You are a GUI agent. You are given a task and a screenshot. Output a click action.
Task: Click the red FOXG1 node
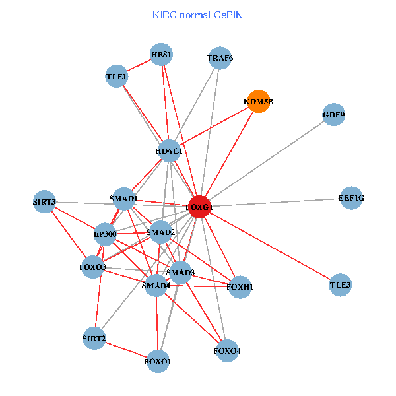coord(199,207)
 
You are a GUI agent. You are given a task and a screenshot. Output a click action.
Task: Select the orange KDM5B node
coord(258,102)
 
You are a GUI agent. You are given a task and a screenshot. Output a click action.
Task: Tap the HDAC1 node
coord(169,151)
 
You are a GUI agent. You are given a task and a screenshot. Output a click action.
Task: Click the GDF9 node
coord(334,115)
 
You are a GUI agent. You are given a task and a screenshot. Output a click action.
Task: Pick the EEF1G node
coord(351,198)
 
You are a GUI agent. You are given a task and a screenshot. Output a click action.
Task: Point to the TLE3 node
coord(341,286)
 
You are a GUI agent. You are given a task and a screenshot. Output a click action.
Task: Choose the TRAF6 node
coord(220,58)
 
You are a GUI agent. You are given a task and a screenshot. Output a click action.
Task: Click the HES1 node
coord(161,54)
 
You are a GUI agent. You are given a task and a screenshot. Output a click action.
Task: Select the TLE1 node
coord(116,77)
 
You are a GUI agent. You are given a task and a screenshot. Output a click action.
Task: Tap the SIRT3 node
coord(44,201)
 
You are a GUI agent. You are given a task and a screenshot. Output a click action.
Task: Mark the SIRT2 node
coord(94,339)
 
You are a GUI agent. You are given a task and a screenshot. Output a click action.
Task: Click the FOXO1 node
coord(158,361)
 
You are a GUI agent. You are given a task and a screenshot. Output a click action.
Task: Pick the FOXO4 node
coord(227,350)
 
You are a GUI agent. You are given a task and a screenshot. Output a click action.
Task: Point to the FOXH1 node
coord(240,287)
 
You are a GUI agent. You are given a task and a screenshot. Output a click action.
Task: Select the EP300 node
coord(104,234)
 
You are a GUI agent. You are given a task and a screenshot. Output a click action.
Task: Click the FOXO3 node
coord(93,267)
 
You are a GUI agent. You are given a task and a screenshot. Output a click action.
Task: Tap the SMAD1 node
coord(124,199)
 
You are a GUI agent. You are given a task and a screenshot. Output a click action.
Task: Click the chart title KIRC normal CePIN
coord(197,15)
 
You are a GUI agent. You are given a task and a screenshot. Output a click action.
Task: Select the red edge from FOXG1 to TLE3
coord(270,246)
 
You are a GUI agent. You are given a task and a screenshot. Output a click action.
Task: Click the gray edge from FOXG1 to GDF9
coord(267,160)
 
